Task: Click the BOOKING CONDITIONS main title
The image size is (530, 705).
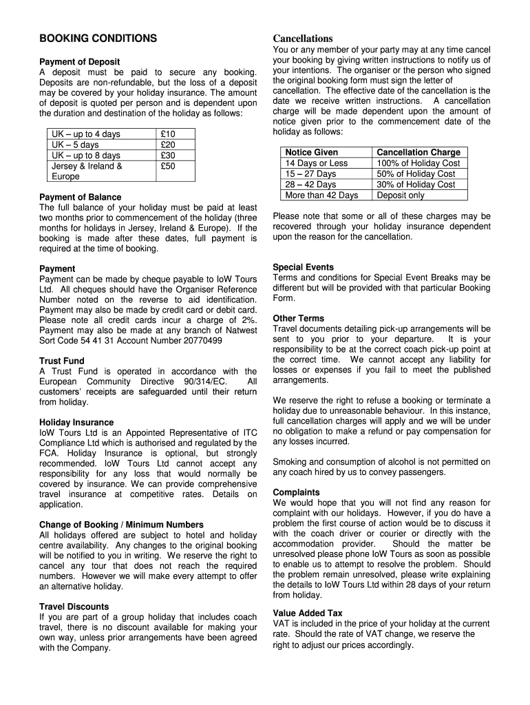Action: pyautogui.click(x=98, y=39)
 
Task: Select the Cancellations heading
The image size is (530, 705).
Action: pyautogui.click(x=302, y=39)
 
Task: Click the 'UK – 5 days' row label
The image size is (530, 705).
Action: pyautogui.click(x=75, y=145)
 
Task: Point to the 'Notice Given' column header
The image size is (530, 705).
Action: pyautogui.click(x=311, y=152)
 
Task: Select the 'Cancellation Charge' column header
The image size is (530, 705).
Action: pyautogui.click(x=418, y=152)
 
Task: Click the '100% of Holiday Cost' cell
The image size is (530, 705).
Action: pyautogui.click(x=418, y=163)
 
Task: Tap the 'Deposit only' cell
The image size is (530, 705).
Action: pyautogui.click(x=401, y=195)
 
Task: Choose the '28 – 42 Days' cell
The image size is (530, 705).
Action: pyautogui.click(x=310, y=185)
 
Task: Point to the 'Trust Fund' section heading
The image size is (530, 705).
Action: pyautogui.click(x=62, y=361)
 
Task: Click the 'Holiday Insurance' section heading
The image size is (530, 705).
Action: pyautogui.click(x=76, y=422)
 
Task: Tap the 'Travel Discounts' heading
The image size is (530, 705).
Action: pyautogui.click(x=74, y=607)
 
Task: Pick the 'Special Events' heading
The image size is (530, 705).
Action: pyautogui.click(x=303, y=267)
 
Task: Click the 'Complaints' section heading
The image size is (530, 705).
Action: pyautogui.click(x=296, y=492)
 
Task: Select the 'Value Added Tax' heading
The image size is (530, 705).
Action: pyautogui.click(x=307, y=613)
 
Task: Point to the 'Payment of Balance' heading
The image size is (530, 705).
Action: pyautogui.click(x=80, y=197)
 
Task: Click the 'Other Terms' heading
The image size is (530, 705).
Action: pyautogui.click(x=298, y=318)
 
